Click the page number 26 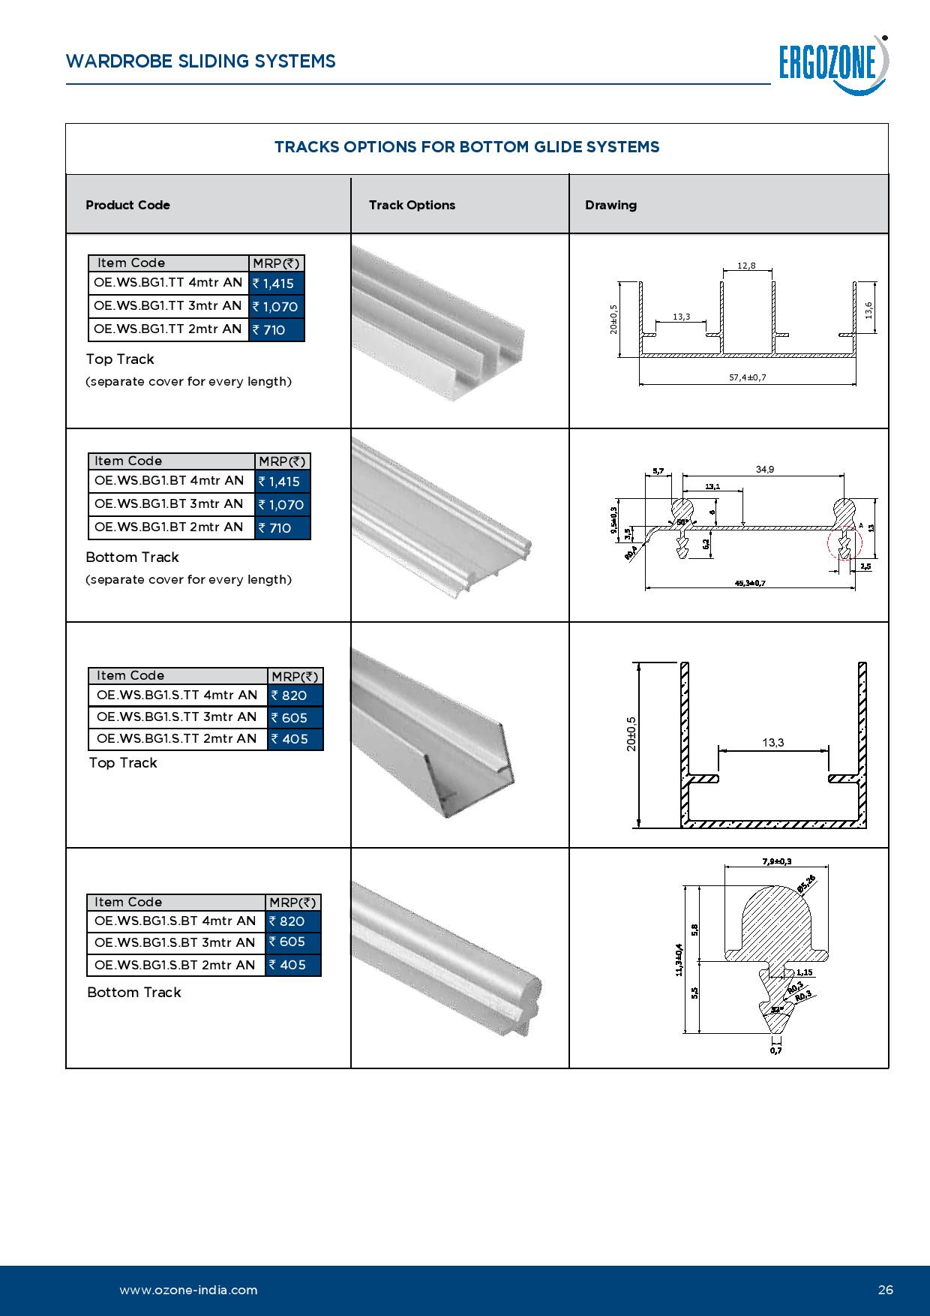[x=886, y=1290]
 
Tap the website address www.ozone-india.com [x=188, y=1290]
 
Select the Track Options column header [x=412, y=205]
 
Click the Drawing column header [x=610, y=205]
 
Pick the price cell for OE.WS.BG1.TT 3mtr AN [x=276, y=306]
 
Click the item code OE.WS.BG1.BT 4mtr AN [x=169, y=481]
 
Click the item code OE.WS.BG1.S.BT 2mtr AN [x=175, y=965]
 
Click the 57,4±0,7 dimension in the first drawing [x=747, y=377]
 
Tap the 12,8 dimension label [x=746, y=266]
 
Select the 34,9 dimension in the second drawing [x=764, y=470]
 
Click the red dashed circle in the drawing [x=845, y=545]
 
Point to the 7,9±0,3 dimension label [x=776, y=861]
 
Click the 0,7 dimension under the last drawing [x=775, y=1050]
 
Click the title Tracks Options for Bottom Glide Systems [x=466, y=147]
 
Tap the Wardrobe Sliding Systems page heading [x=201, y=62]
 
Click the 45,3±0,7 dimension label [x=749, y=583]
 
